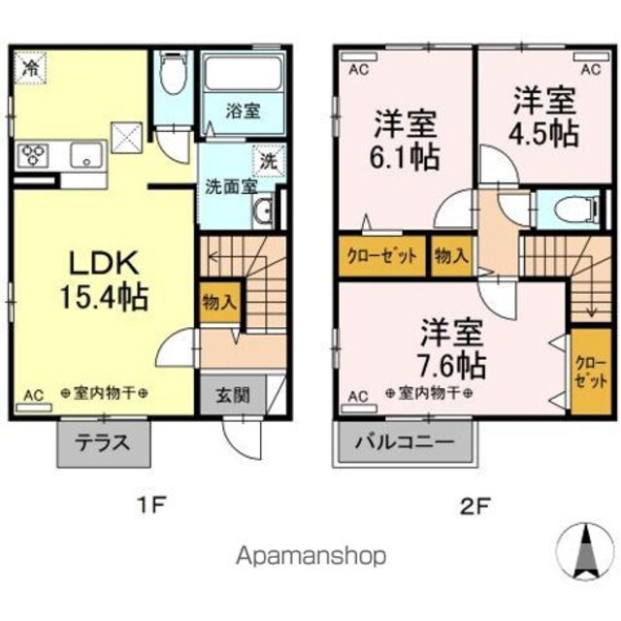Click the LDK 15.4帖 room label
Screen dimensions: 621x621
(x=104, y=280)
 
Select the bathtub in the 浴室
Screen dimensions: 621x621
(x=244, y=75)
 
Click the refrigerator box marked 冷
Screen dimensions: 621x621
(x=30, y=68)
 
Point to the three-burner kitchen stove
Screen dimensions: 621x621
(x=33, y=155)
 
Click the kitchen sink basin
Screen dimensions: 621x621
(x=86, y=155)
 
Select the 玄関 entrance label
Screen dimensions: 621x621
(x=233, y=395)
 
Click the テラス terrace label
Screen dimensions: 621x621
(x=103, y=442)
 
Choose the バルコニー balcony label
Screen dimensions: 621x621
(x=404, y=442)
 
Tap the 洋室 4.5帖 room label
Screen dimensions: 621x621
(x=545, y=117)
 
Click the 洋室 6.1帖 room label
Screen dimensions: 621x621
(x=405, y=141)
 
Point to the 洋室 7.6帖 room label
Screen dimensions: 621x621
(x=451, y=348)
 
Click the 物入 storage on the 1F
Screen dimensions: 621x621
(x=220, y=303)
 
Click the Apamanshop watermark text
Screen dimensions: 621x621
(x=311, y=556)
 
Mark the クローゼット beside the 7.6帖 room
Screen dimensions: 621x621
(x=591, y=372)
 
